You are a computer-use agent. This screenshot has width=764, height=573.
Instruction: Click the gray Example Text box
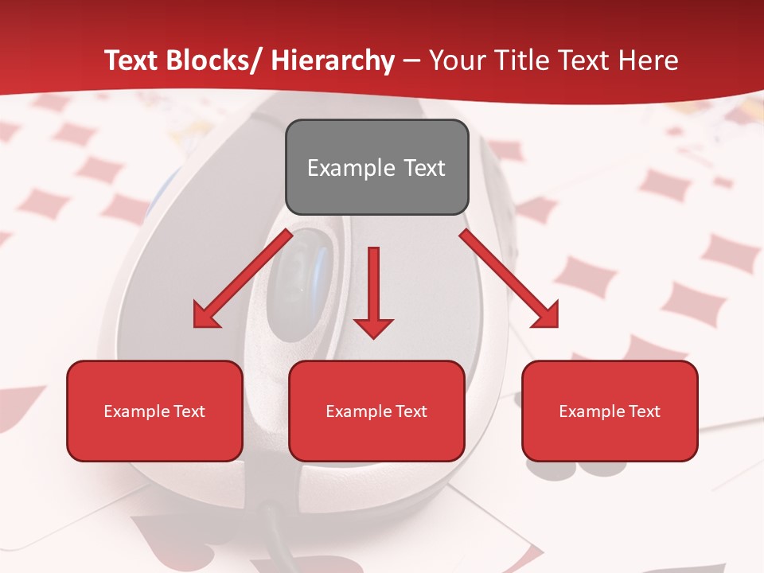tap(376, 167)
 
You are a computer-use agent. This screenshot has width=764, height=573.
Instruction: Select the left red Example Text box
tap(154, 411)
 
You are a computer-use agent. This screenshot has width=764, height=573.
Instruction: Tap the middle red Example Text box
tap(376, 411)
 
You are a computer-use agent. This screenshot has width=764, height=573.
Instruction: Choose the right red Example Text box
tap(610, 411)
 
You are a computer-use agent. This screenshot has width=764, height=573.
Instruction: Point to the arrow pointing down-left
tap(243, 279)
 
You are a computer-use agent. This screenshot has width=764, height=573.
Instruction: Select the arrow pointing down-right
tap(509, 279)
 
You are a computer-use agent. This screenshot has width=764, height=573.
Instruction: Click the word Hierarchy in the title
tap(333, 60)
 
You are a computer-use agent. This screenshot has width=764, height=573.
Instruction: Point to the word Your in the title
tap(456, 60)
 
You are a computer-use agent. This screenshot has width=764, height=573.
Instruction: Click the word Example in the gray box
tap(351, 168)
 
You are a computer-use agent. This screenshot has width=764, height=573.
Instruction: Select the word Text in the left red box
tap(189, 411)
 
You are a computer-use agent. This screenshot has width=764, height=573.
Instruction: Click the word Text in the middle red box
tap(411, 411)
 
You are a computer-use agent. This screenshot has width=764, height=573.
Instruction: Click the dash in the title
tap(411, 60)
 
